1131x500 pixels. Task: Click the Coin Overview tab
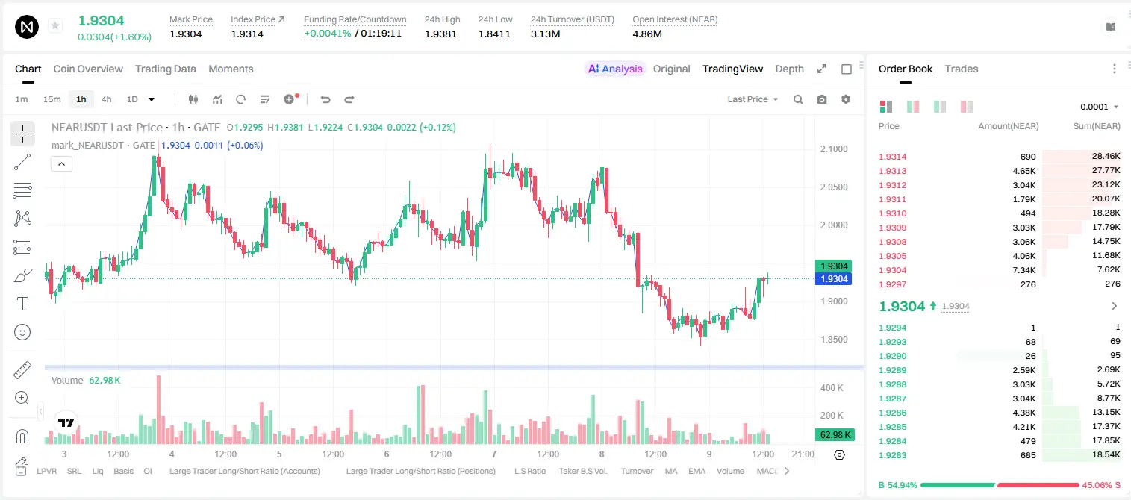(x=88, y=69)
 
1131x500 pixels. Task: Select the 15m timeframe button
(x=52, y=99)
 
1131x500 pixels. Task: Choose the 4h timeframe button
(x=106, y=99)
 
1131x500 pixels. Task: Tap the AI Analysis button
(x=615, y=69)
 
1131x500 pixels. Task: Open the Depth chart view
(x=789, y=69)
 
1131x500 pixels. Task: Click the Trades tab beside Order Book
(x=962, y=69)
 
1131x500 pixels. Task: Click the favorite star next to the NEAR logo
(x=55, y=25)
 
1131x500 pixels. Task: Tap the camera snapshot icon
(x=822, y=99)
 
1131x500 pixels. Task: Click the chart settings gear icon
(x=846, y=99)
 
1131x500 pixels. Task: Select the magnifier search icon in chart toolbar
(x=798, y=99)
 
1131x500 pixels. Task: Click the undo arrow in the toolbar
(x=325, y=99)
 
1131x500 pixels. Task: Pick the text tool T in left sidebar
(x=22, y=304)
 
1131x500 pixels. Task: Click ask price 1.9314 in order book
(x=892, y=157)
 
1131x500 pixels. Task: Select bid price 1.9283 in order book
(x=892, y=455)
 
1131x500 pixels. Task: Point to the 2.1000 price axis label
(x=834, y=149)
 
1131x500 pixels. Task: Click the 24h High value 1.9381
(x=440, y=34)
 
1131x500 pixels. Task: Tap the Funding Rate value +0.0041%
(x=327, y=34)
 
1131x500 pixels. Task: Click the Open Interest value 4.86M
(x=646, y=34)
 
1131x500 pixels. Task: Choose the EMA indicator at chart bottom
(x=697, y=471)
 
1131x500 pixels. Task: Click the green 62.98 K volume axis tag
(x=834, y=435)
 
